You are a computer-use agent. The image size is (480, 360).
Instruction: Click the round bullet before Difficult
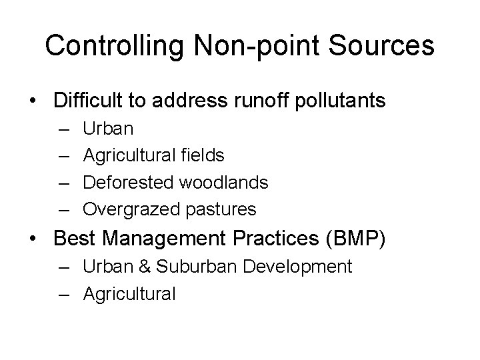33,101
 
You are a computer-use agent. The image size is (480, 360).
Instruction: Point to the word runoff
269,101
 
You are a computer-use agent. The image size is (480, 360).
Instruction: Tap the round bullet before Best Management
33,237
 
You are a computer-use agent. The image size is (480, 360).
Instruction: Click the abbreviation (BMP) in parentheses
361,238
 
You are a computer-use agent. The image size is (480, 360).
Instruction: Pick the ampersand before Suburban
144,267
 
